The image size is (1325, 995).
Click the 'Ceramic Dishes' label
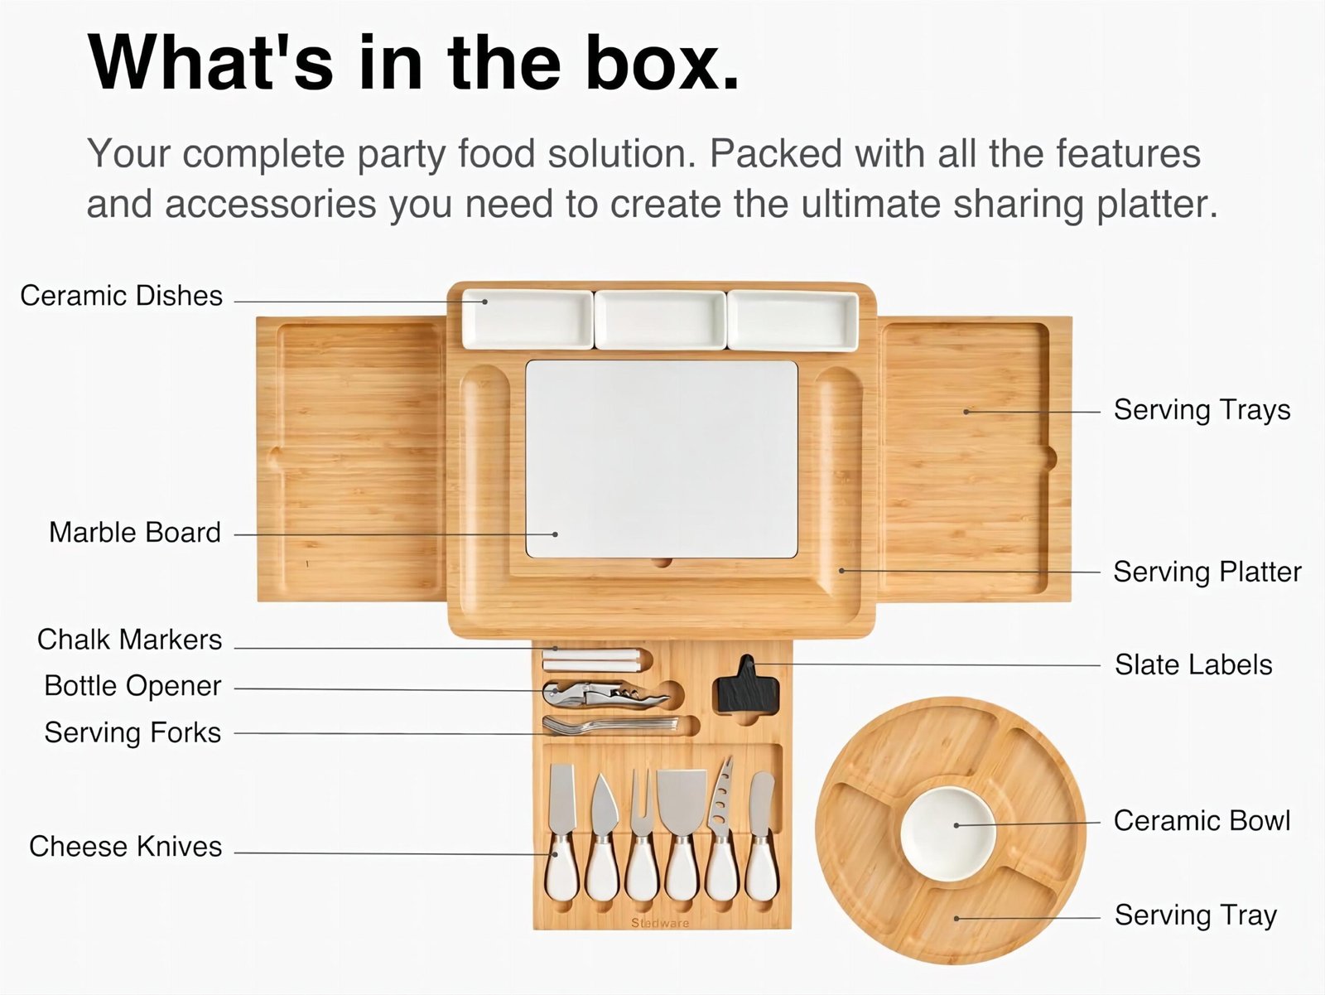[122, 296]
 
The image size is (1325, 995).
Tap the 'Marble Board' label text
[135, 533]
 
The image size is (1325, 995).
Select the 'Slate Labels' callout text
[1193, 664]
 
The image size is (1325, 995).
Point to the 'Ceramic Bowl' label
[1202, 821]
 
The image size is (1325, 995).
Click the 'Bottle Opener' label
[132, 687]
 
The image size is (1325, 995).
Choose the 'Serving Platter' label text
[1207, 572]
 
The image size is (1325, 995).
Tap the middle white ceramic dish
[660, 320]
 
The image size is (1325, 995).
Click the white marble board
[662, 460]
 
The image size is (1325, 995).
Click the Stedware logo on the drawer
[660, 923]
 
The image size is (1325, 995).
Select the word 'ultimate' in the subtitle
[870, 204]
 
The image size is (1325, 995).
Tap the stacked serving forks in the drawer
[610, 725]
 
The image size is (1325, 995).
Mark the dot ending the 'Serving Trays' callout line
[966, 412]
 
